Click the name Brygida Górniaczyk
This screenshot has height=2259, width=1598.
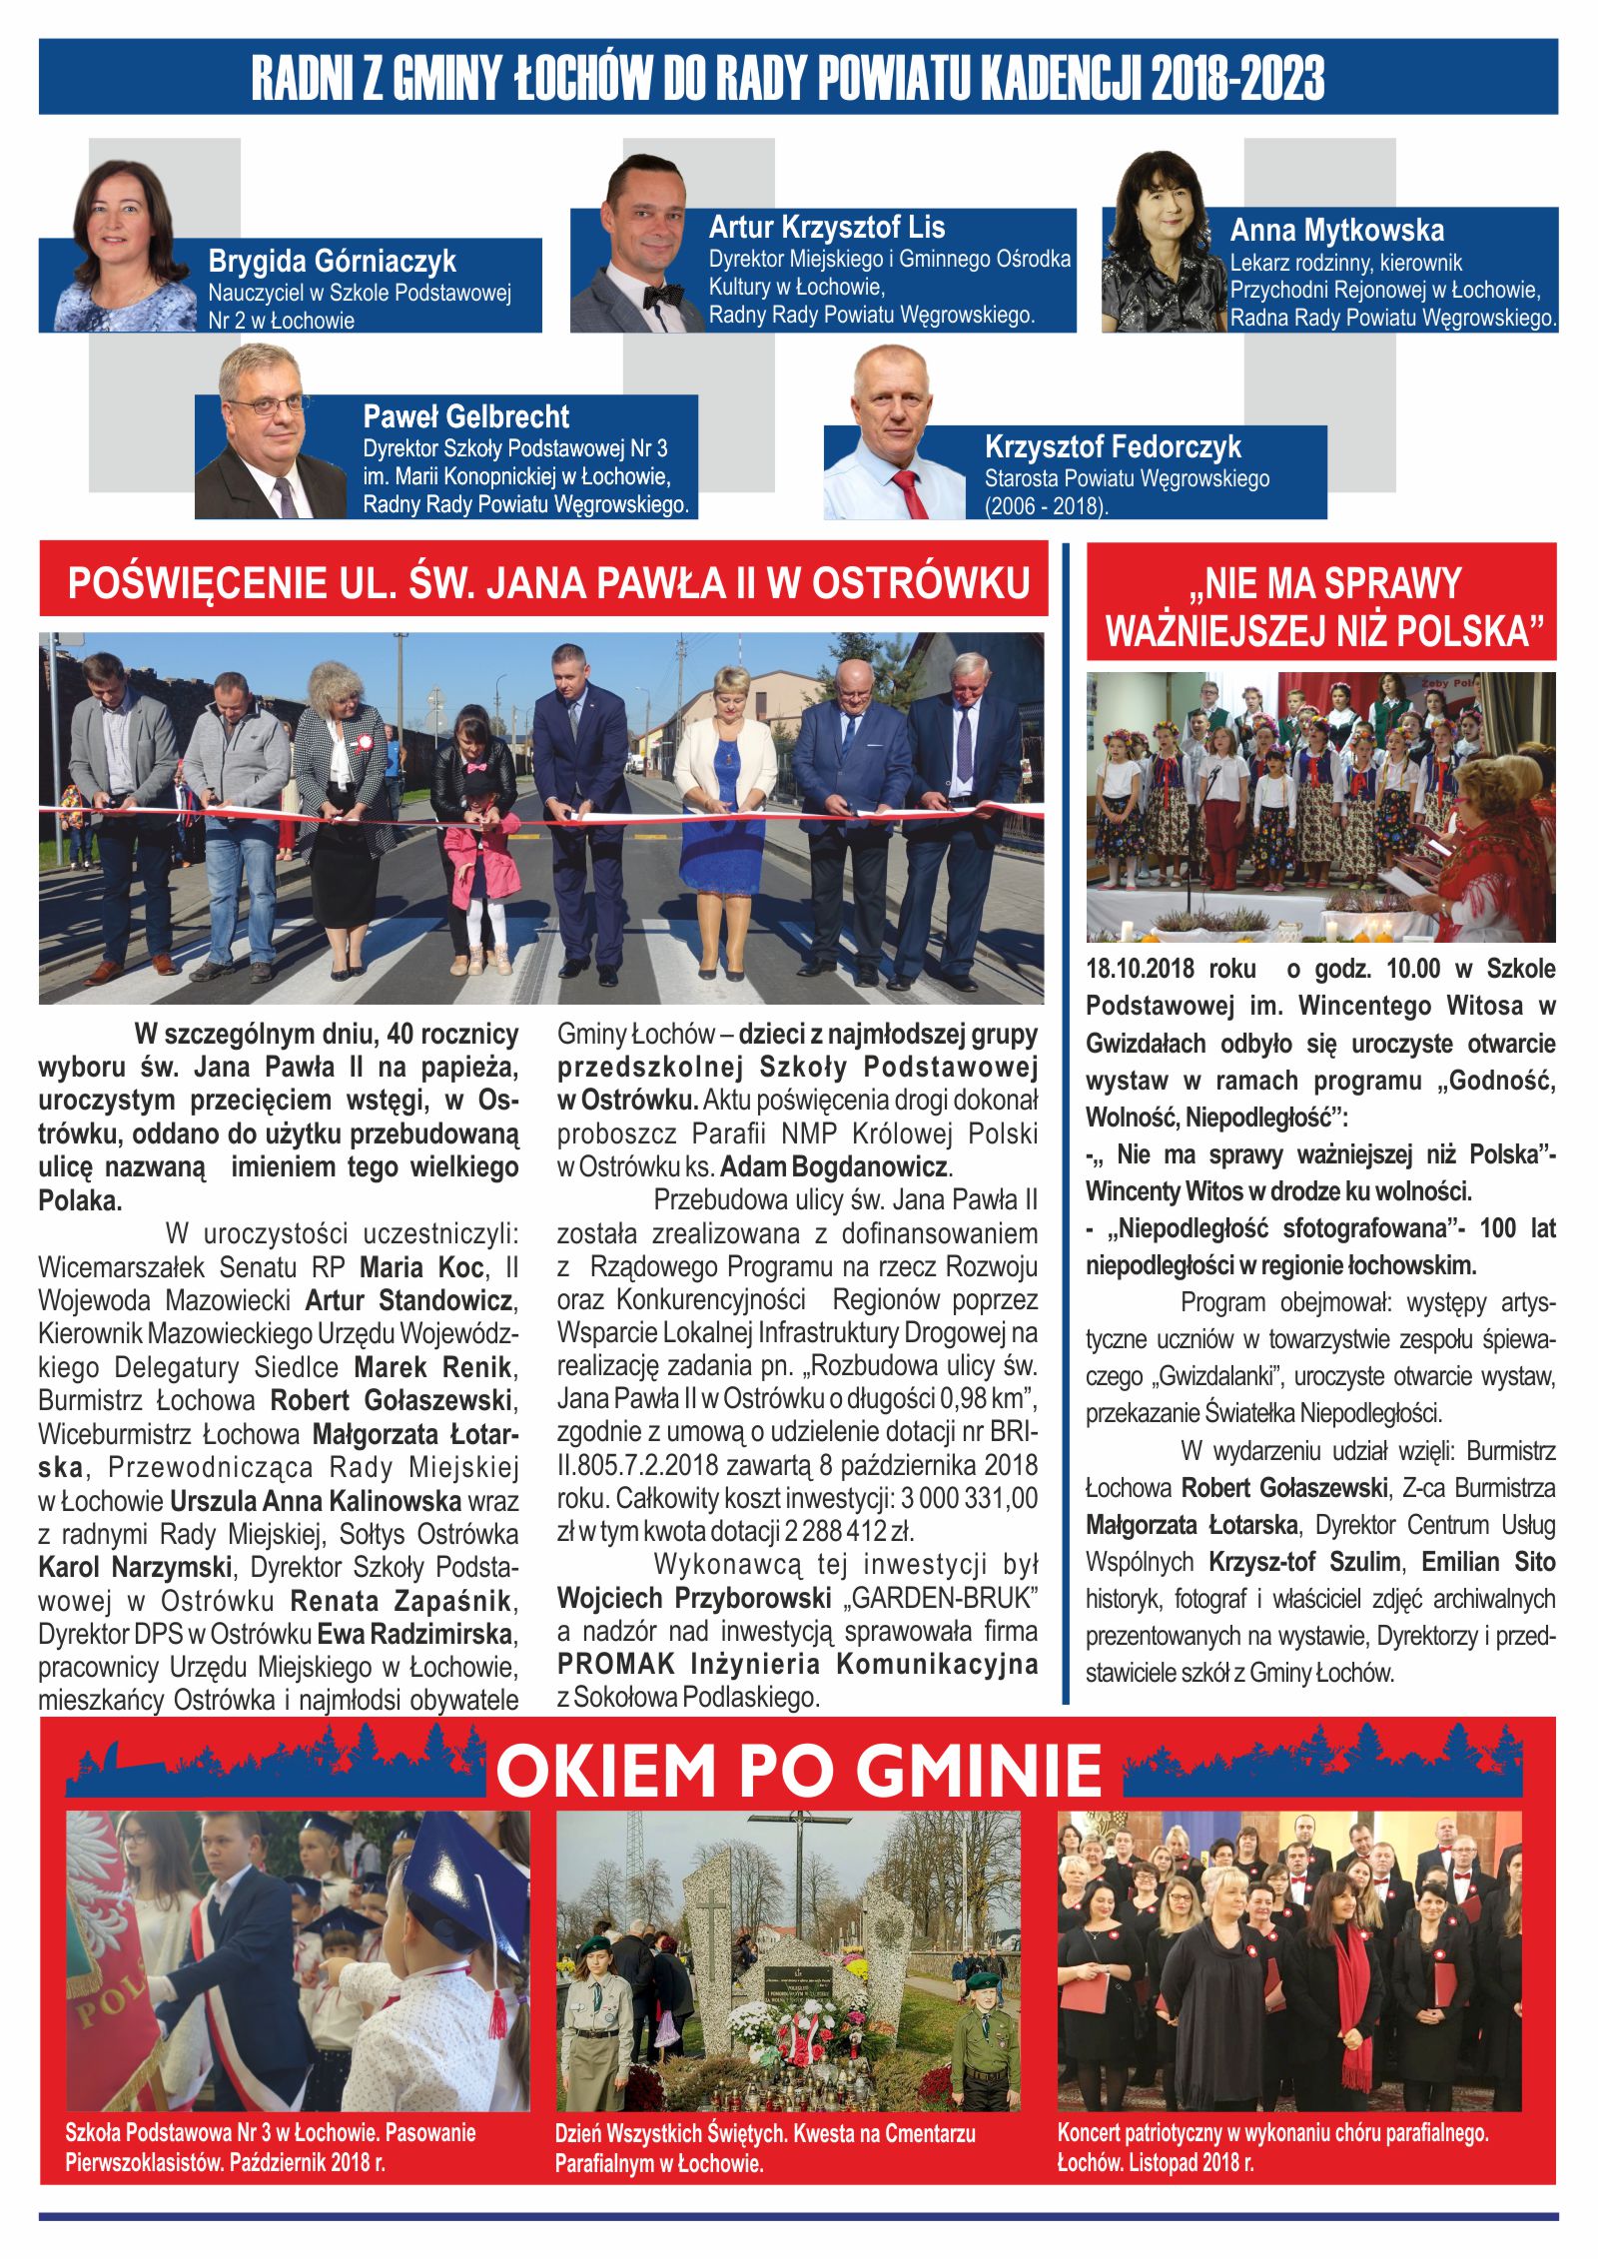pyautogui.click(x=332, y=262)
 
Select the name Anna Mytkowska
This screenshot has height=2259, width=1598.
pyautogui.click(x=1336, y=231)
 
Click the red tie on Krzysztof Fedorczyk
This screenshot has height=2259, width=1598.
pyautogui.click(x=911, y=493)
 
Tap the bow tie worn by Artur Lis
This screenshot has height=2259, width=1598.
pyautogui.click(x=656, y=296)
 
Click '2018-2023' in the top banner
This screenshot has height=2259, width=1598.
pyautogui.click(x=1237, y=78)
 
